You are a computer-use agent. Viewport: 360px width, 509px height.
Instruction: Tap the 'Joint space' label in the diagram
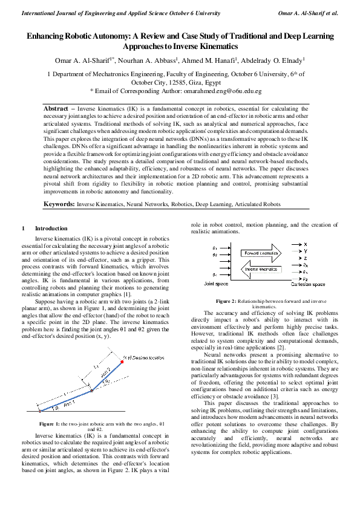pos(217,284)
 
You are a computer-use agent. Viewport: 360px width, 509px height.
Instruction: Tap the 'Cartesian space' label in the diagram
pos(308,284)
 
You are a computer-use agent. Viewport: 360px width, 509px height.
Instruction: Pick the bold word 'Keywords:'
pos(59,204)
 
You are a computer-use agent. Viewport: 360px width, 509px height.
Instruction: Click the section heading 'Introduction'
pos(51,229)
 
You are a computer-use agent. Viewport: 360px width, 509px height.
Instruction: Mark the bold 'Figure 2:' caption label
pos(228,300)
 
